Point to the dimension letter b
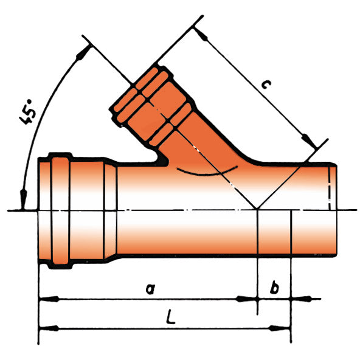pos(274,288)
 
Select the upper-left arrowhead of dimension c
pos(201,35)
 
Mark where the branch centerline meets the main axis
pos(258,210)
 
